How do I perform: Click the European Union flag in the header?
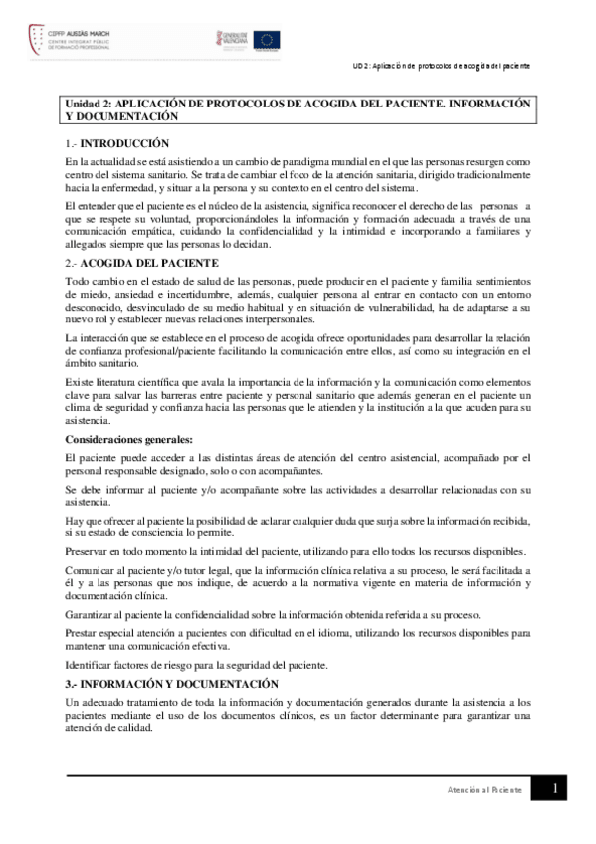[267, 40]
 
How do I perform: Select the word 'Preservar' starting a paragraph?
[88, 550]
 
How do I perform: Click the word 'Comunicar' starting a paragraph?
[91, 570]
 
